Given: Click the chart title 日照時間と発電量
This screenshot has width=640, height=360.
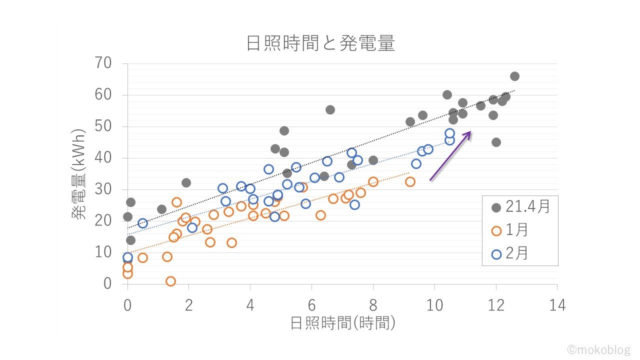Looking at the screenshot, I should [x=320, y=44].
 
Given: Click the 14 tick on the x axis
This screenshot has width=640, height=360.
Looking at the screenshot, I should [x=557, y=305].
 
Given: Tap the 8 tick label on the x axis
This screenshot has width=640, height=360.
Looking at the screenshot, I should [x=373, y=305].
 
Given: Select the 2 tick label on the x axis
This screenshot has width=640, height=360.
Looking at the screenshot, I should [x=189, y=305].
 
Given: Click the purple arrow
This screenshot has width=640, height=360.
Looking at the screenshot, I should [x=450, y=155].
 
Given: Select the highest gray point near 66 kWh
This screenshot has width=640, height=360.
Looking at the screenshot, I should [x=514, y=76].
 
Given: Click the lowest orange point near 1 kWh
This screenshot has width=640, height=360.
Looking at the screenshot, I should [x=170, y=281].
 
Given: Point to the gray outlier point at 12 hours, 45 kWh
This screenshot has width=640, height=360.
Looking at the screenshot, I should [x=496, y=142].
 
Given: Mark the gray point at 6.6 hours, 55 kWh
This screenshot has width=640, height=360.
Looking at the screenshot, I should [x=330, y=109].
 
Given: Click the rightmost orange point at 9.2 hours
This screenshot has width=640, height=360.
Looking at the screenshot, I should [x=410, y=181].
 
